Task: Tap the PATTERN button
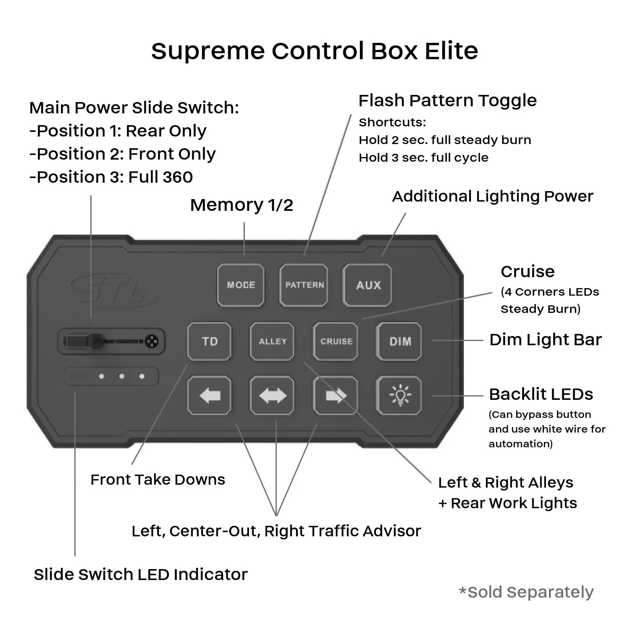304,285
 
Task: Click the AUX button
367,285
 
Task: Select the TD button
209,341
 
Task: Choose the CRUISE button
336,341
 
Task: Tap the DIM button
399,341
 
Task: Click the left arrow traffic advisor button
209,395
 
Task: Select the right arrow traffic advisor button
336,395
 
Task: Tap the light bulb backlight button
399,395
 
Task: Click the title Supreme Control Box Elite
315,51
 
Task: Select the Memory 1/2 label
241,205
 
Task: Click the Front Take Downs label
157,480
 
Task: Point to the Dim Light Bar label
545,340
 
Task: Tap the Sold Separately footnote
526,592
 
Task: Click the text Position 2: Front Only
122,154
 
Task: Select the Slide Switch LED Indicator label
141,575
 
